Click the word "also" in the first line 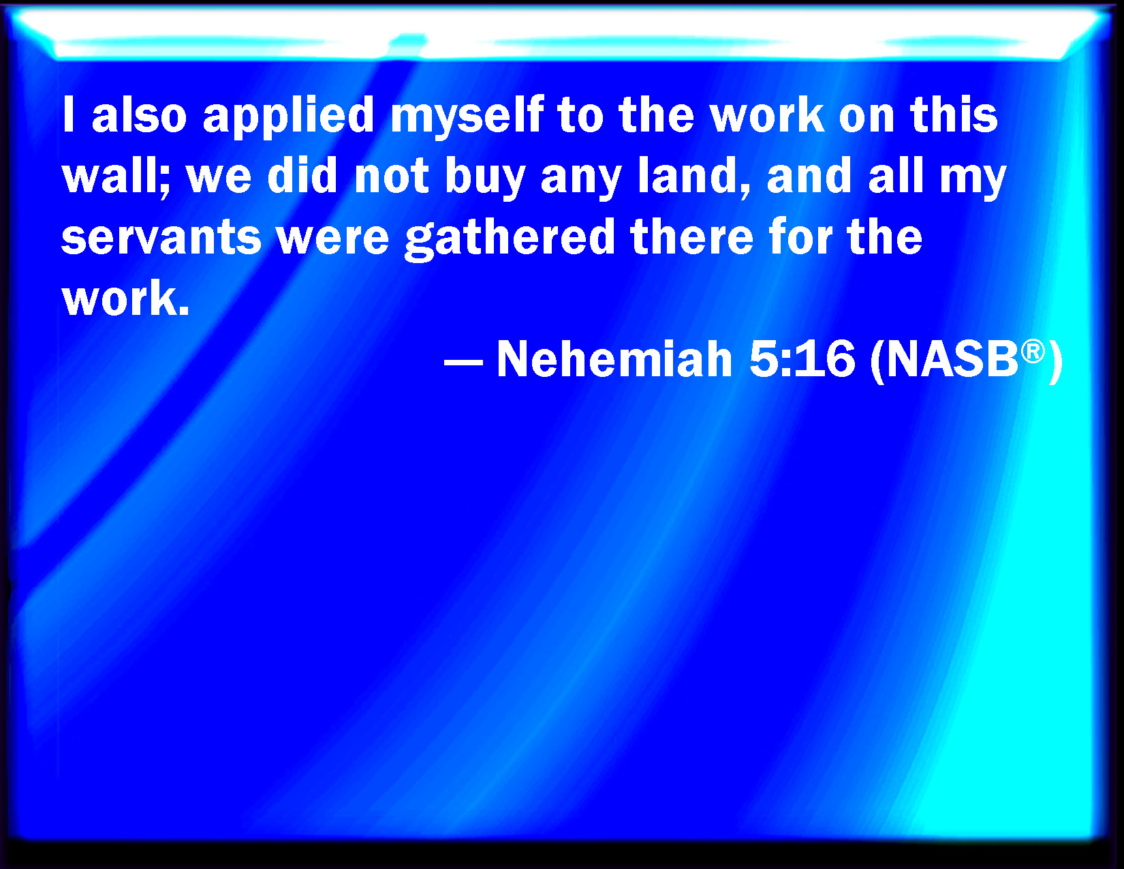pyautogui.click(x=138, y=115)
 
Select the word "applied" pyautogui.click(x=288, y=117)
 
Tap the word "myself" pyautogui.click(x=467, y=117)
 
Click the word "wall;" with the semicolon pyautogui.click(x=116, y=177)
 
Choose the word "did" pyautogui.click(x=302, y=175)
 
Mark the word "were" pyautogui.click(x=333, y=240)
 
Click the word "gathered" pyautogui.click(x=509, y=240)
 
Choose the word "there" pyautogui.click(x=691, y=237)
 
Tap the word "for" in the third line pyautogui.click(x=800, y=237)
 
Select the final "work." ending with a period pyautogui.click(x=126, y=298)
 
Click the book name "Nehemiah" pyautogui.click(x=614, y=359)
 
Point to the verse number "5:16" pyautogui.click(x=802, y=359)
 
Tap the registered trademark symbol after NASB pyautogui.click(x=1033, y=352)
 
